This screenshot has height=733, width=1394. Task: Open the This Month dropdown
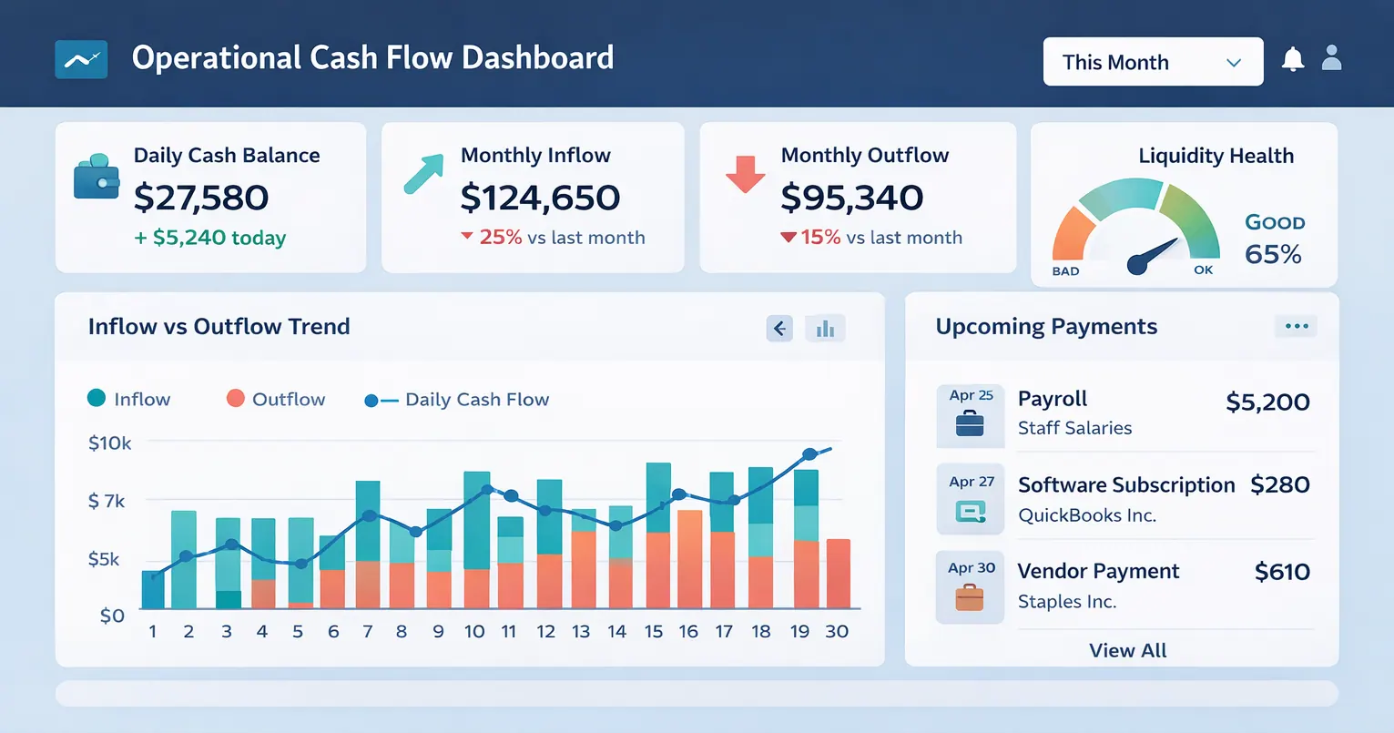click(1152, 62)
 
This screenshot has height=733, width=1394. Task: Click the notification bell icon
click(1292, 59)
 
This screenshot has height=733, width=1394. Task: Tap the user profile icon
click(1331, 58)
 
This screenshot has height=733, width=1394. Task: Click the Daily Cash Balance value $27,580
click(201, 198)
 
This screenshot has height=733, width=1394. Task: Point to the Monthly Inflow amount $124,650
click(540, 198)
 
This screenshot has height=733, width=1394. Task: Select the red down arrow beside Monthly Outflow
click(745, 174)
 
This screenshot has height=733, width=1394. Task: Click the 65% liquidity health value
click(1273, 254)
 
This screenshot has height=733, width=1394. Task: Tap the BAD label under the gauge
click(1065, 271)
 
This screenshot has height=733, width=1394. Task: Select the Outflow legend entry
click(275, 399)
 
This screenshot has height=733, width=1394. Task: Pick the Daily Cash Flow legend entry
click(457, 400)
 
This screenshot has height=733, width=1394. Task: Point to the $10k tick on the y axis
click(109, 443)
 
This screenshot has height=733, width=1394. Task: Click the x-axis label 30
click(837, 631)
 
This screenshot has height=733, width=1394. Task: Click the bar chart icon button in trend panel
click(825, 328)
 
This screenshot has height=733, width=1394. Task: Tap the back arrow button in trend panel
click(779, 328)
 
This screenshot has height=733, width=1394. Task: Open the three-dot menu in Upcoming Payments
click(1296, 326)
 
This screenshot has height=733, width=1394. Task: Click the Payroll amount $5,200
click(1267, 402)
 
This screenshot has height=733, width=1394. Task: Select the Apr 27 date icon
click(971, 499)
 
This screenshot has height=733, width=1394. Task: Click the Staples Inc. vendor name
click(1067, 602)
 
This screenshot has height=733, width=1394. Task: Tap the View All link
click(1127, 650)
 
